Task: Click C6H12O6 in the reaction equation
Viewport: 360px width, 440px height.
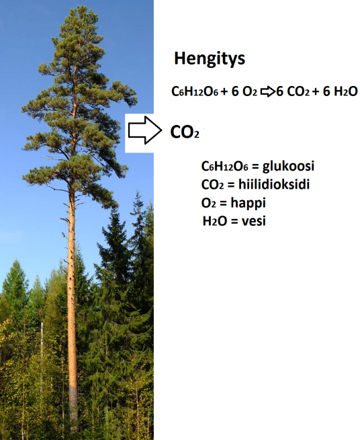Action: (195, 91)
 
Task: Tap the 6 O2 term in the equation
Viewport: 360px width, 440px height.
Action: (244, 91)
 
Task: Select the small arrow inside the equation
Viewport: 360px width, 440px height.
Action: (268, 92)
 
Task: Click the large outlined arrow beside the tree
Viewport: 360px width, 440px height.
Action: (145, 130)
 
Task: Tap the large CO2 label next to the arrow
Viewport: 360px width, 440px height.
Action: (185, 132)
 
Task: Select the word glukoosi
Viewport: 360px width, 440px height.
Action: (288, 166)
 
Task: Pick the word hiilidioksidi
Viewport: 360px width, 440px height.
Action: (274, 184)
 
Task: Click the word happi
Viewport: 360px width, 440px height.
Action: (248, 203)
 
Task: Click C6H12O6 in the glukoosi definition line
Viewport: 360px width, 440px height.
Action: (225, 167)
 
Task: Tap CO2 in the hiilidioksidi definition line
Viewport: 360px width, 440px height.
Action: (212, 185)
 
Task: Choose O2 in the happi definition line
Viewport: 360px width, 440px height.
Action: (208, 203)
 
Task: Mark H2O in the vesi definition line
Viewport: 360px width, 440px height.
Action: (215, 222)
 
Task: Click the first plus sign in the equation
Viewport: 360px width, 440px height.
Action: (224, 92)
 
